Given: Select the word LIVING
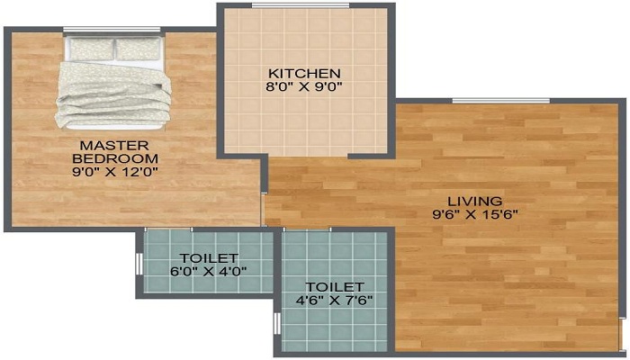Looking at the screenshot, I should [477, 200].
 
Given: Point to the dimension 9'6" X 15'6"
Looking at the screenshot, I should [477, 214].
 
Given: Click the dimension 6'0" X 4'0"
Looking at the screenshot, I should [209, 270].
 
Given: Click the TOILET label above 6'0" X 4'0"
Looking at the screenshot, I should [209, 257].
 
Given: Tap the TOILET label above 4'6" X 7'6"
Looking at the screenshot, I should [335, 287].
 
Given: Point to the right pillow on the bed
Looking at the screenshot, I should [138, 50].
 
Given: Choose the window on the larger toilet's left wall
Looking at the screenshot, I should [277, 322].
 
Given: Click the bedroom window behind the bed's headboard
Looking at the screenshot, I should [112, 31].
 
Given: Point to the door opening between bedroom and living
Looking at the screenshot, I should [263, 209].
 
